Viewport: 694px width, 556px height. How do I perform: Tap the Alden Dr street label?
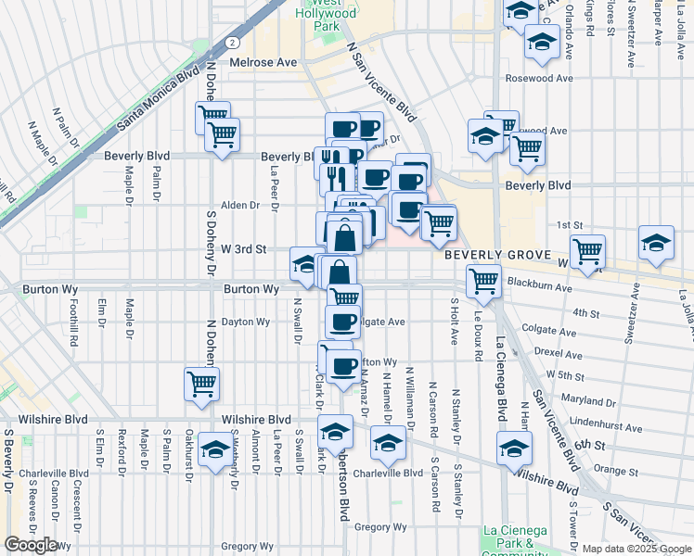pos(239,205)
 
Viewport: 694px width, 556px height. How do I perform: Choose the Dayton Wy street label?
pos(246,322)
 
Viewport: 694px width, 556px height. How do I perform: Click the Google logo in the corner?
pos(31,545)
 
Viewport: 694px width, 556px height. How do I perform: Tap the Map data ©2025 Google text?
pos(636,549)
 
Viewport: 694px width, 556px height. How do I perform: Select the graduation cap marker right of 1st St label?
pos(656,243)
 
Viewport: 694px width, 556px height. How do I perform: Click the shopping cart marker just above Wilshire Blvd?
pos(201,384)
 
